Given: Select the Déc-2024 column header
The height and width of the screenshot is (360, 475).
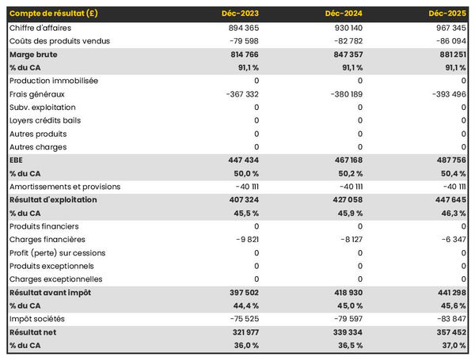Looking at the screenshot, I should [344, 13].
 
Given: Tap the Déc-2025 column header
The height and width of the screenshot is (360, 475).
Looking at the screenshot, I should [447, 13].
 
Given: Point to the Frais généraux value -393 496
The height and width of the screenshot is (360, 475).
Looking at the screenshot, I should [446, 94].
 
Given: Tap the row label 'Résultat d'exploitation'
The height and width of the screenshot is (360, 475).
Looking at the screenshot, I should [53, 199].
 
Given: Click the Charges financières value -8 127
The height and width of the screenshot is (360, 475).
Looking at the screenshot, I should [347, 240].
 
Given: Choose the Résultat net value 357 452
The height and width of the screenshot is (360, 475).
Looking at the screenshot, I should [447, 332].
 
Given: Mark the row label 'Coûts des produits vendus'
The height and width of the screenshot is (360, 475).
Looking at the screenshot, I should [59, 41].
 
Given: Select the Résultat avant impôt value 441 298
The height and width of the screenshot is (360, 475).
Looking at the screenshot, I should [447, 293].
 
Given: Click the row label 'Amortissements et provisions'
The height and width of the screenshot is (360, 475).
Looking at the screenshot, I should [65, 187].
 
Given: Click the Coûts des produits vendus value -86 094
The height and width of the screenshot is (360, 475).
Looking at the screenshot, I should [447, 41].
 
